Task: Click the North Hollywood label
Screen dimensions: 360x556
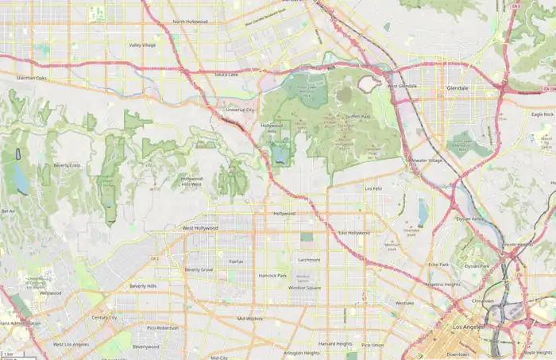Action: [190, 21]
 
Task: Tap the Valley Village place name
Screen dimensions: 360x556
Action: [145, 45]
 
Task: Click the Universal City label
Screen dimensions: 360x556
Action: [240, 110]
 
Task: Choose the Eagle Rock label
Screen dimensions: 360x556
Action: [542, 114]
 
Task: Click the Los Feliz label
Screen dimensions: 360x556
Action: [373, 188]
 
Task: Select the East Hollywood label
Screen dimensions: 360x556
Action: [353, 233]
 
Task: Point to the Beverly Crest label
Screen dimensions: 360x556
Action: [67, 165]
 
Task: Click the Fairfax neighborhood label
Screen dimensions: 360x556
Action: [236, 261]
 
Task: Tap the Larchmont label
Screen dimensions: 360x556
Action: [308, 259]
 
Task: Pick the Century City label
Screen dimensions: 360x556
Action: [104, 317]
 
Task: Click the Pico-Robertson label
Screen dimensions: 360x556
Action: [163, 327]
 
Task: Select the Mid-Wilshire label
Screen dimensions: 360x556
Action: [249, 319]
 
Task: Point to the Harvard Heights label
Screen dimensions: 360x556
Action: [335, 343]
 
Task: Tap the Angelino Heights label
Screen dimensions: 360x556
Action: [442, 284]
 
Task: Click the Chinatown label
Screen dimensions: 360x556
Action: [483, 301]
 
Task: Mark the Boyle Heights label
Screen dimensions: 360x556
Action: [538, 353]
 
